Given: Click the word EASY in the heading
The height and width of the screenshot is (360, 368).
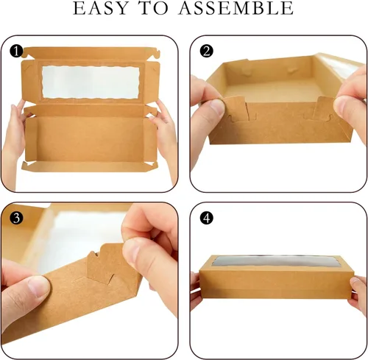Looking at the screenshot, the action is point(101,8).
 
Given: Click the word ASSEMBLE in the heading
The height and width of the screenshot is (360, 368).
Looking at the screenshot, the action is point(236,8).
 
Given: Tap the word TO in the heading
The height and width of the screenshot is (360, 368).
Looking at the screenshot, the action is point(154,8).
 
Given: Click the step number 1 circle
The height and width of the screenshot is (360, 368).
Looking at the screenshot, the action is point(16,52).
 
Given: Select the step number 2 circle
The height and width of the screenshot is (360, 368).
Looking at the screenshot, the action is point(207,52).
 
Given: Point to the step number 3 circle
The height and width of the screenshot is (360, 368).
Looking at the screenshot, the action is point(16,218).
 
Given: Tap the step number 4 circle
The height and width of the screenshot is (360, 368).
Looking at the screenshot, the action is point(207,218).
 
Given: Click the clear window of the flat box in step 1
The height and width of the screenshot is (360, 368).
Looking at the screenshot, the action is point(91,82).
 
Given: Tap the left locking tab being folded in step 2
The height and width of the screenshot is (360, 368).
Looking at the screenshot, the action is point(236,108).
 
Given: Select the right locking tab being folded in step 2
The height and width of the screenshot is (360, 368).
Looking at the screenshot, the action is point(325,107).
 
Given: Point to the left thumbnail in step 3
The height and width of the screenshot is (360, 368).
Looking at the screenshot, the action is point(38,286).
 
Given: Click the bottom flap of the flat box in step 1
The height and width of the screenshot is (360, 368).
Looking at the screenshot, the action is point(90,166).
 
